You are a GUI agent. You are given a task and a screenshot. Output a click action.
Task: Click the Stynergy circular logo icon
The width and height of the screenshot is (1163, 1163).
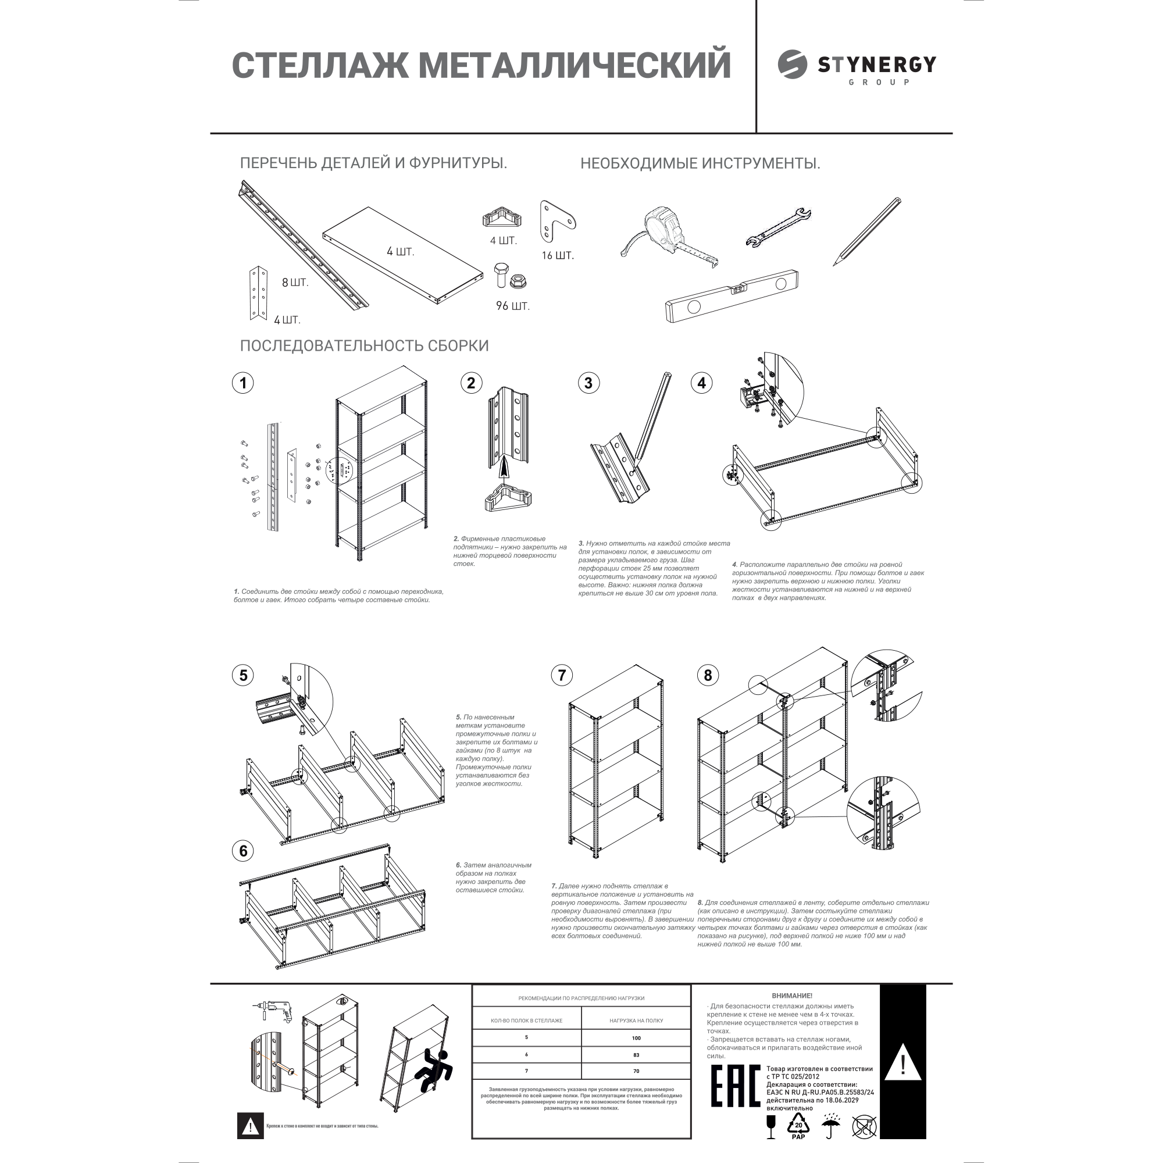(x=792, y=65)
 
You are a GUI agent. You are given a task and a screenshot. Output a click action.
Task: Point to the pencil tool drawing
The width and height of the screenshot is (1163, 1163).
(x=868, y=231)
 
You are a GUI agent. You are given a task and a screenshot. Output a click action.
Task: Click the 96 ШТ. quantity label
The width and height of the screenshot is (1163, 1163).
(x=513, y=306)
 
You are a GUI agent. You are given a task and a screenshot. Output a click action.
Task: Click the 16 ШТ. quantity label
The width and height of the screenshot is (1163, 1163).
(x=558, y=256)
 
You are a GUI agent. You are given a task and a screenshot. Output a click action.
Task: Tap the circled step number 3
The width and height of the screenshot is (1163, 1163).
(x=588, y=383)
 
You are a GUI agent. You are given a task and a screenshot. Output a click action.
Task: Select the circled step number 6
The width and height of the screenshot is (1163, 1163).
(x=243, y=851)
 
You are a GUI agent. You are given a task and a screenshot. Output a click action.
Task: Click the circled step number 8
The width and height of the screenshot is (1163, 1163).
(x=708, y=675)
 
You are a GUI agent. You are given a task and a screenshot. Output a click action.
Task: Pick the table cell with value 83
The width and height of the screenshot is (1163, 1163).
(x=636, y=1072)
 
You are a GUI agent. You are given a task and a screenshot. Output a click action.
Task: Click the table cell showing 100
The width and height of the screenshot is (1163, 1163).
(x=636, y=1055)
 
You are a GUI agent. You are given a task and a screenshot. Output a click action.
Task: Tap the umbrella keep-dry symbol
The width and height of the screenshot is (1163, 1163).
(x=832, y=1125)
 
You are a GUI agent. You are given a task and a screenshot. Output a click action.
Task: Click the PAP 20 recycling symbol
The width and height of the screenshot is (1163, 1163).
(x=798, y=1126)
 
